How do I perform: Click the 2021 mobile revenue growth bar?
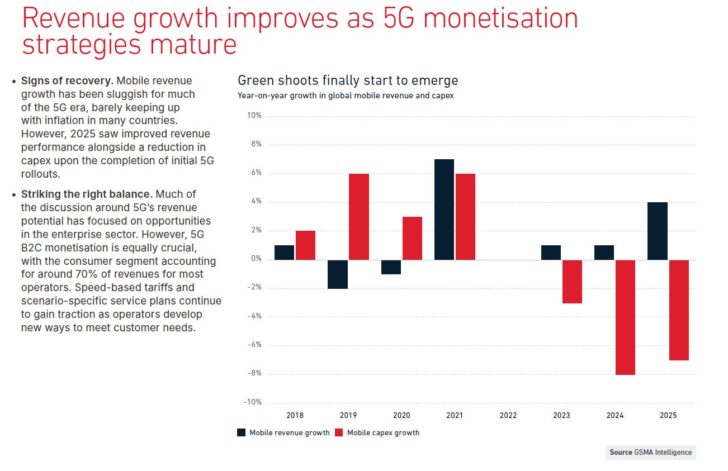[x=444, y=210]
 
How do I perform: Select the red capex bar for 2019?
[x=358, y=217]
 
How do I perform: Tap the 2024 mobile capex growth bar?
[x=625, y=317]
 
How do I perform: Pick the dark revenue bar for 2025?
[x=657, y=231]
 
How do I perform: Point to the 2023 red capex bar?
[x=572, y=282]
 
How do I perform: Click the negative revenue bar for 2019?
[x=337, y=274]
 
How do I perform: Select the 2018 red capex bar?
[x=305, y=245]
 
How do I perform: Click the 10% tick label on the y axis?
[x=254, y=116]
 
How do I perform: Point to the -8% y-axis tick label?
[x=254, y=373]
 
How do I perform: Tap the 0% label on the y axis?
[x=256, y=259]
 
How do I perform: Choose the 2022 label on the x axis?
[x=508, y=415]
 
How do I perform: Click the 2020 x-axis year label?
[x=401, y=415]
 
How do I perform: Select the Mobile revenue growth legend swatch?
[x=242, y=432]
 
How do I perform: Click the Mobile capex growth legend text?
[x=383, y=432]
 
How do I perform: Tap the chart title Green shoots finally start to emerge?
[x=348, y=80]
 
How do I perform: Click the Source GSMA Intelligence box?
[x=650, y=452]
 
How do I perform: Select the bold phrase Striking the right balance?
[x=87, y=194]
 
